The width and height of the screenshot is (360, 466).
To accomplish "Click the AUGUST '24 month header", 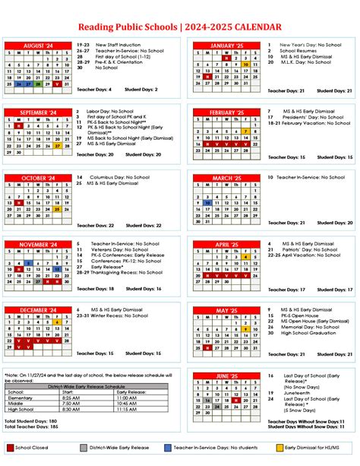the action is pyautogui.click(x=37, y=46).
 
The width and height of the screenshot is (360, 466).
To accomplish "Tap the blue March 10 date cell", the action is pyautogui.click(x=207, y=203).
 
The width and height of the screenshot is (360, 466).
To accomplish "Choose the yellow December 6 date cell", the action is pyautogui.click(x=58, y=322).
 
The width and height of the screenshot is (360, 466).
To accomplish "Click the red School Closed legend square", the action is pyautogui.click(x=10, y=447).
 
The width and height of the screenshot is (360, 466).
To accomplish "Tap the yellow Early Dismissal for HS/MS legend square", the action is pyautogui.click(x=279, y=447).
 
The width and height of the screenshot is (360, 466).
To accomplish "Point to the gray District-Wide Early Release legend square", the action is pyautogui.click(x=84, y=447).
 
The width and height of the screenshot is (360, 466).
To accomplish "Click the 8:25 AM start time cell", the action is pyautogui.click(x=70, y=397).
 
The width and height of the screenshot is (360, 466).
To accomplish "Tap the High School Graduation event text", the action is pyautogui.click(x=307, y=331).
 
